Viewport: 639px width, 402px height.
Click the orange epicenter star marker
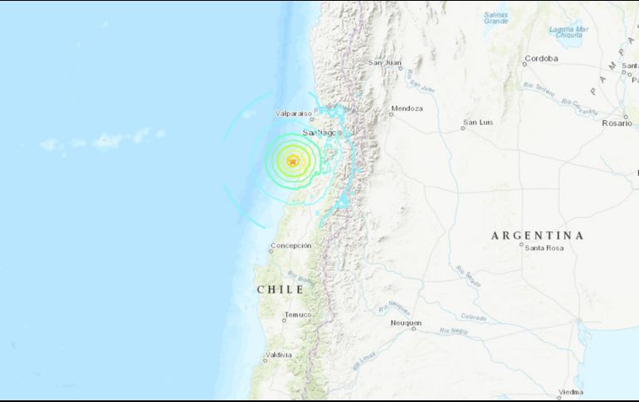click(292, 162)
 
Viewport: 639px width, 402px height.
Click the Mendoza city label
click(407, 109)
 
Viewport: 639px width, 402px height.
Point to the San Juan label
click(385, 62)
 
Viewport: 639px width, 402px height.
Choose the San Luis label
click(478, 122)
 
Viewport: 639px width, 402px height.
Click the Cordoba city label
click(541, 59)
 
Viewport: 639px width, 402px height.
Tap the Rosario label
click(617, 122)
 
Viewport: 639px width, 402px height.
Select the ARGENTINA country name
click(537, 235)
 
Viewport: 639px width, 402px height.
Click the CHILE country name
click(280, 289)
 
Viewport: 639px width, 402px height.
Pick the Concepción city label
click(290, 245)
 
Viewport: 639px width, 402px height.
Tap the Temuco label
click(298, 314)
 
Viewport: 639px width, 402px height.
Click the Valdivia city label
click(278, 355)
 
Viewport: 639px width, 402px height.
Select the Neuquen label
click(406, 322)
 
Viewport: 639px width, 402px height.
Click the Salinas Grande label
click(495, 17)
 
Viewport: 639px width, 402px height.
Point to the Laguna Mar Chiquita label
click(568, 32)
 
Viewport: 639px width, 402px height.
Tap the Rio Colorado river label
click(474, 317)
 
